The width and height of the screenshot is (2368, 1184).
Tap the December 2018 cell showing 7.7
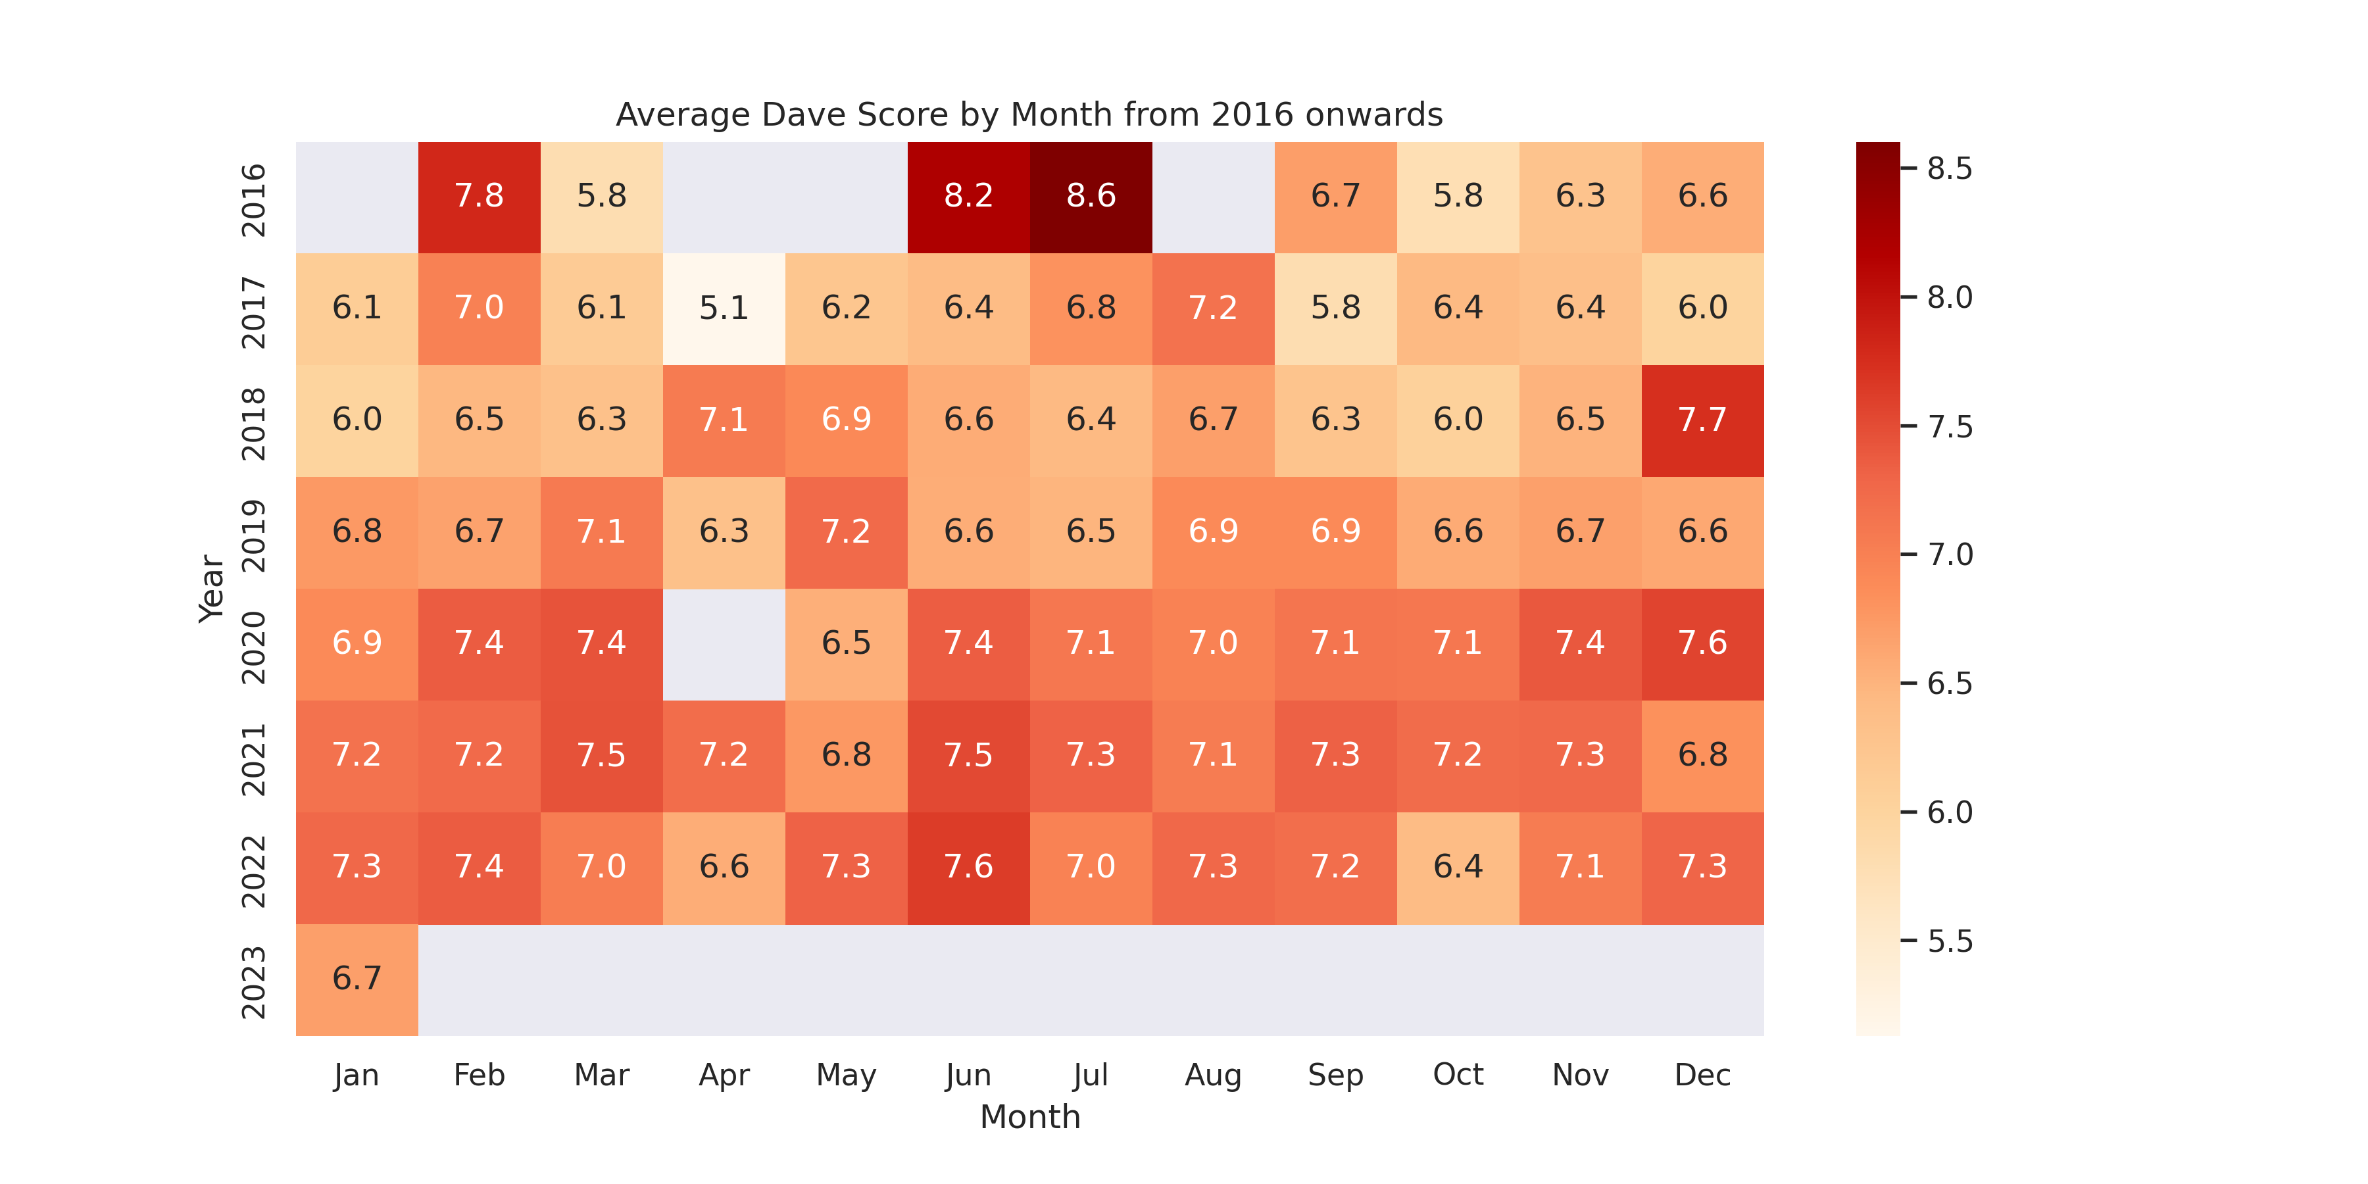point(1702,420)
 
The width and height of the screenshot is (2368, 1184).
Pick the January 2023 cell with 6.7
point(357,979)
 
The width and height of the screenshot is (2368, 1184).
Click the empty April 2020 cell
point(724,643)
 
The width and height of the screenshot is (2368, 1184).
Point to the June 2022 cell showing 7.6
point(968,867)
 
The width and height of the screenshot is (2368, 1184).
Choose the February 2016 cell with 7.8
point(479,197)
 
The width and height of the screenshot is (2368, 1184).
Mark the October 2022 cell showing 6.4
point(1458,867)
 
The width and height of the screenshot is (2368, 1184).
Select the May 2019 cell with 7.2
point(846,531)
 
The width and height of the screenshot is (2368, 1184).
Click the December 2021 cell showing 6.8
point(1702,756)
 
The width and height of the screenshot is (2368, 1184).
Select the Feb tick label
point(479,1075)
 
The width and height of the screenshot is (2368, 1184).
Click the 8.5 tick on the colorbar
point(1950,169)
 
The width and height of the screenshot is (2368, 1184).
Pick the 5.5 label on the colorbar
point(1950,941)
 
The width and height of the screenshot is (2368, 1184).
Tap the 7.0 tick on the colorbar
point(1950,555)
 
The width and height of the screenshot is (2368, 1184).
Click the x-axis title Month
point(1029,1117)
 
